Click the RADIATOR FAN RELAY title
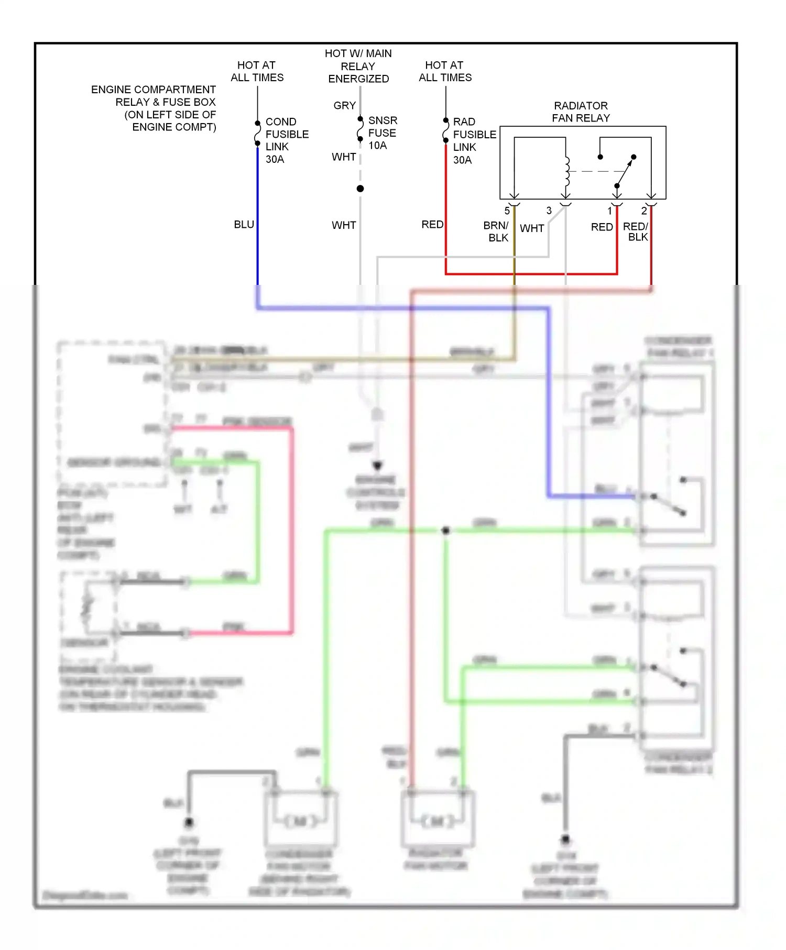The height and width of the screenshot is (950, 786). [581, 112]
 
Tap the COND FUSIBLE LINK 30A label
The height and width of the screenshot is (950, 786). [286, 140]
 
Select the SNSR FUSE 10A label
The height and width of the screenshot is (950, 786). [383, 133]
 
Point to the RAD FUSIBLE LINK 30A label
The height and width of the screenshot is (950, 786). [474, 141]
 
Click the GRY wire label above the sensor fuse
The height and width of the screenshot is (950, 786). [344, 106]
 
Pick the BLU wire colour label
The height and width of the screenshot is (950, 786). [244, 225]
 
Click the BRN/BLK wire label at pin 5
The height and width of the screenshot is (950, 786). [496, 231]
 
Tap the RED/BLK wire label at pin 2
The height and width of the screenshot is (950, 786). [636, 231]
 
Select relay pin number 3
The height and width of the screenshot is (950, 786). [549, 211]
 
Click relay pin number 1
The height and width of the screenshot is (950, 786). [609, 211]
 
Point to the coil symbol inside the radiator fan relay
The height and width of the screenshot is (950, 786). [566, 171]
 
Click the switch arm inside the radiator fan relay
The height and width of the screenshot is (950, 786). [625, 171]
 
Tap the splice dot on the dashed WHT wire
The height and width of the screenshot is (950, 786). [360, 189]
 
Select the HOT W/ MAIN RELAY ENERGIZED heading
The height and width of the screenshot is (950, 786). [358, 66]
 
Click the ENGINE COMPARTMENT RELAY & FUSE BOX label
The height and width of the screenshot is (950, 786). [154, 108]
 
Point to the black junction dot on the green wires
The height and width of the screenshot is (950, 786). [446, 531]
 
